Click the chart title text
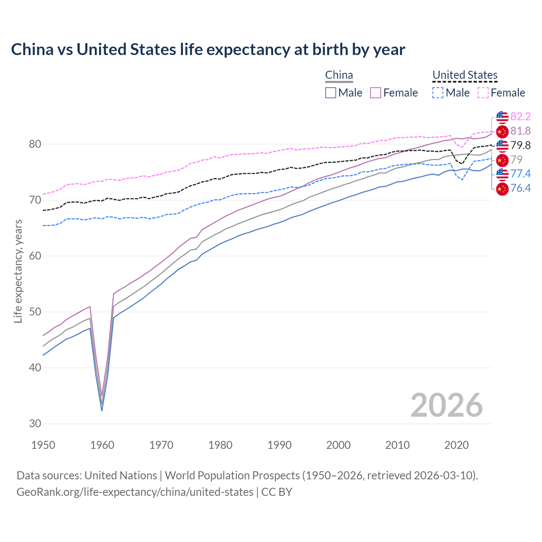click(x=208, y=50)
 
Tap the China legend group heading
click(x=339, y=75)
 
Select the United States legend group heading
click(x=465, y=75)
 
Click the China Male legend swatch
click(x=331, y=93)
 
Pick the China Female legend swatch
click(x=376, y=93)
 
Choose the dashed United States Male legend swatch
click(x=438, y=93)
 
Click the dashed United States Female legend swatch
click(x=483, y=93)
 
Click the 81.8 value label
click(x=520, y=131)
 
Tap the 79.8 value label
click(x=520, y=146)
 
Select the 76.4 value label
click(x=520, y=188)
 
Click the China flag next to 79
click(x=502, y=160)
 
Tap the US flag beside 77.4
click(x=502, y=174)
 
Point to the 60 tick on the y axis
click(x=35, y=256)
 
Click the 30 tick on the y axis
click(x=35, y=424)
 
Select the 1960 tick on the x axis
click(x=102, y=445)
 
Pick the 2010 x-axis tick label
click(x=397, y=445)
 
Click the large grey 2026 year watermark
click(x=446, y=405)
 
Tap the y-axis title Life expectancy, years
click(x=18, y=271)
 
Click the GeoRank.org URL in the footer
click(x=135, y=492)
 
